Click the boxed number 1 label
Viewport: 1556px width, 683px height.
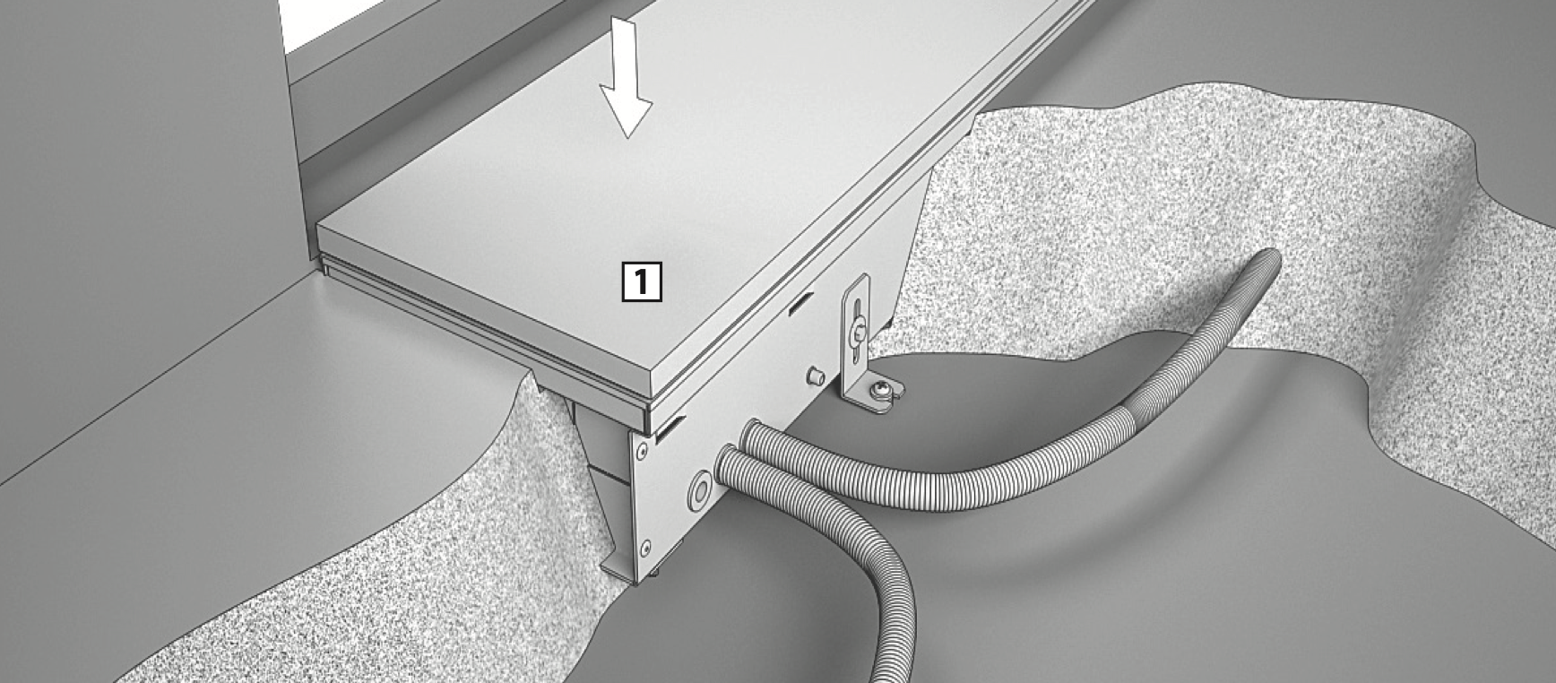642,281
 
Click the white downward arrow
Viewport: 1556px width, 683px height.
626,77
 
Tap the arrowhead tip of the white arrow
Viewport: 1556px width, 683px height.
628,137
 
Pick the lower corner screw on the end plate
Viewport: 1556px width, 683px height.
646,544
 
